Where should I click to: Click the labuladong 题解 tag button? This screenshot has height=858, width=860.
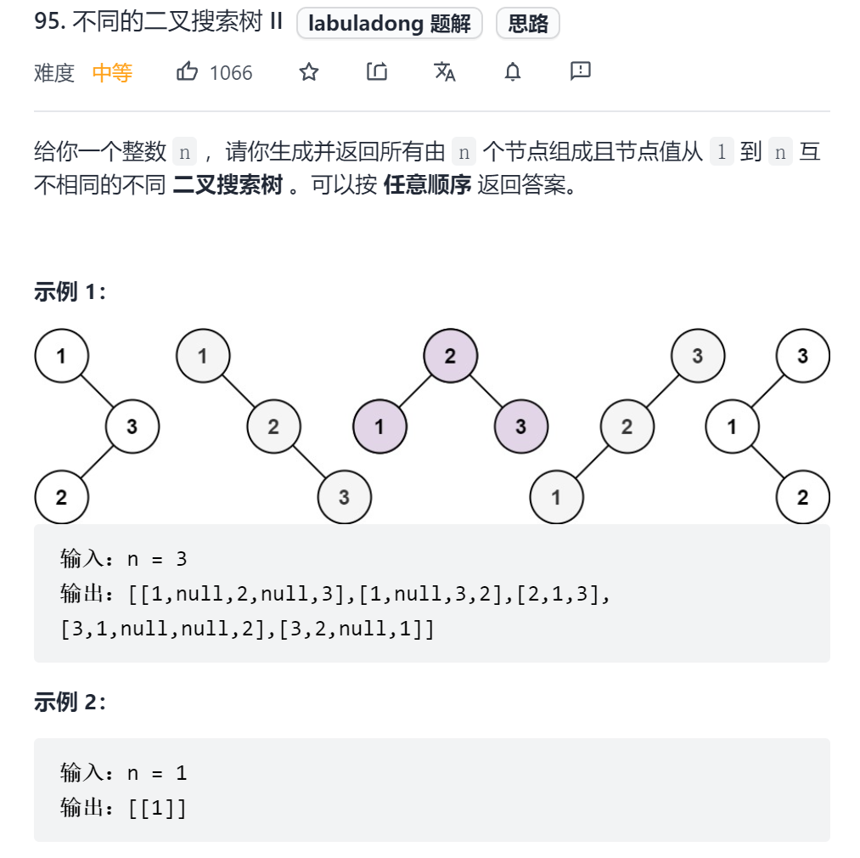[390, 24]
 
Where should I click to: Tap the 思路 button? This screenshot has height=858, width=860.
[528, 24]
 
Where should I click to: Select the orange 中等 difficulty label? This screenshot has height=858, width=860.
[112, 73]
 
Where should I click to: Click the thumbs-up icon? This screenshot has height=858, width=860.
[187, 72]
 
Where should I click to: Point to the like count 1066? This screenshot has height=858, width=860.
[231, 73]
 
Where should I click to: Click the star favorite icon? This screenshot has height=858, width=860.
[309, 72]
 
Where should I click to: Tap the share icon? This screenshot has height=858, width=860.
[377, 72]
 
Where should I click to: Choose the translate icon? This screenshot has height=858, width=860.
[445, 72]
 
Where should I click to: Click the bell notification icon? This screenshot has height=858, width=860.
[513, 72]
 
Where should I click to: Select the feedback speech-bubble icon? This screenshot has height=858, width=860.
[581, 71]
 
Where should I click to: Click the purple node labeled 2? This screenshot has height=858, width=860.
[450, 356]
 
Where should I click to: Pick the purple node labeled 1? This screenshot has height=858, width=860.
[379, 426]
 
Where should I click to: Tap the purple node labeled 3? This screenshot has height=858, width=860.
[520, 426]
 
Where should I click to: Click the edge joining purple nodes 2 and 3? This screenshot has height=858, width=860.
[486, 392]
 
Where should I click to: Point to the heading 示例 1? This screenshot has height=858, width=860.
[70, 291]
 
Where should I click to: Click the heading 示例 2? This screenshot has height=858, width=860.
[70, 702]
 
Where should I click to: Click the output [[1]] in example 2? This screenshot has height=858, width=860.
[158, 807]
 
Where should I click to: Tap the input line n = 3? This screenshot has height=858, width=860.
[124, 558]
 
